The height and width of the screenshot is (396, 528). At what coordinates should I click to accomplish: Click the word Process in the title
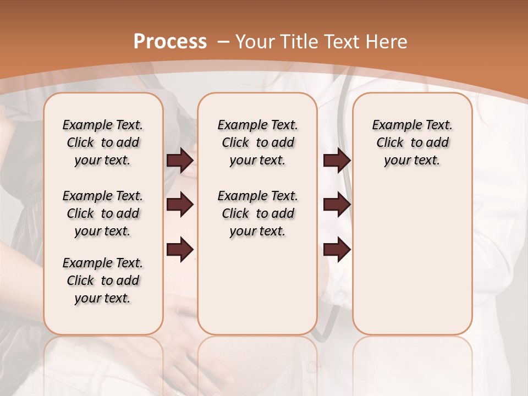point(170,42)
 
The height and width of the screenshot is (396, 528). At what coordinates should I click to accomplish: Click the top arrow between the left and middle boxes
point(180,160)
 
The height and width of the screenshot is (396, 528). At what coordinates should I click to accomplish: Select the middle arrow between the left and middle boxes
point(180,205)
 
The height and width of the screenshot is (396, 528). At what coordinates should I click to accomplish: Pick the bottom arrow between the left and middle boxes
point(180,250)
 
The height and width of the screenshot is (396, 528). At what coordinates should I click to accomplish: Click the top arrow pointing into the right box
point(337,160)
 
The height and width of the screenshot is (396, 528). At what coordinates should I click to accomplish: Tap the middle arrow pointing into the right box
point(337,205)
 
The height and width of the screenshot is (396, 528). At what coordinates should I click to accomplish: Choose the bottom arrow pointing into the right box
point(337,250)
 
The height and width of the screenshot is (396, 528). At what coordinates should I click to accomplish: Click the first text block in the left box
point(103,142)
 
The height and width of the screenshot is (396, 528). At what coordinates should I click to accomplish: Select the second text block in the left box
point(103,213)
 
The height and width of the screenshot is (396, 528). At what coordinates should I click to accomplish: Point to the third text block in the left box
point(103,280)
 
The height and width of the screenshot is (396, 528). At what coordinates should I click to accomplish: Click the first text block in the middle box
point(257,142)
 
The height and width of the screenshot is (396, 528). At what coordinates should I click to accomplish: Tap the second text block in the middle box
point(257,213)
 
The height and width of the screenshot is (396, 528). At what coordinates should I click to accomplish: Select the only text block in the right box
point(412,142)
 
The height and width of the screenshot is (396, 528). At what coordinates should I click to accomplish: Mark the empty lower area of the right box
point(412,258)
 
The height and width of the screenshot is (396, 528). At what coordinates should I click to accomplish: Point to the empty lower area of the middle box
point(257,286)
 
